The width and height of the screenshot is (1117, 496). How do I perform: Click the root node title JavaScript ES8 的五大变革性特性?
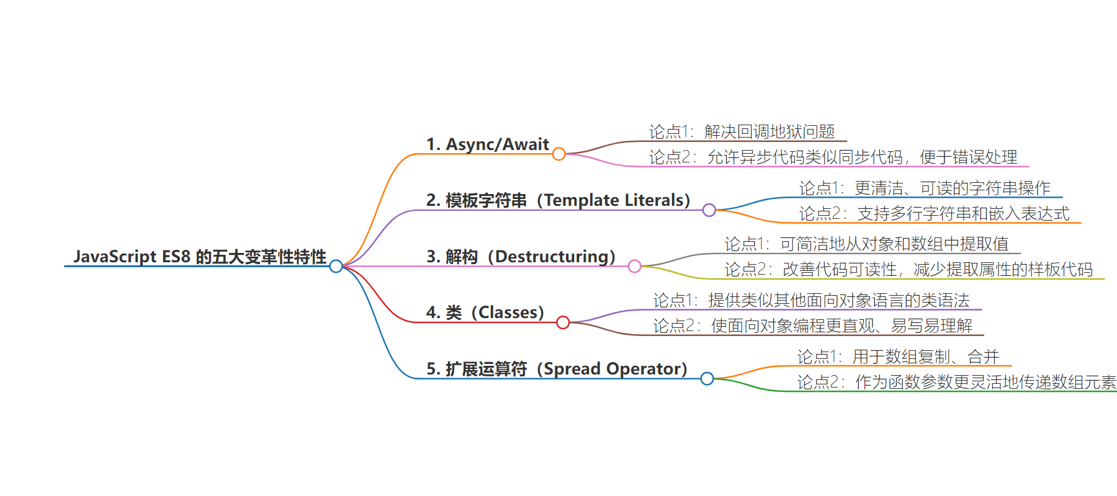click(200, 257)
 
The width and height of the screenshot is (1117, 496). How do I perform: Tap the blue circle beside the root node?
click(336, 267)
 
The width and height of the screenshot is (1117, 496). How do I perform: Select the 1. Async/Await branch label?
click(487, 144)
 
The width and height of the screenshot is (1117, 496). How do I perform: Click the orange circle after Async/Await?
click(558, 154)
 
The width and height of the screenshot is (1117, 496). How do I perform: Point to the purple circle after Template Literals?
click(709, 210)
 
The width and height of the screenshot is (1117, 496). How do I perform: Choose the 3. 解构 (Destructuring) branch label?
click(521, 257)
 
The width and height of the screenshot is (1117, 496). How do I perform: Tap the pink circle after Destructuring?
click(634, 266)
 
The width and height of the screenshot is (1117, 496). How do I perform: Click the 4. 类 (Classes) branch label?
click(485, 312)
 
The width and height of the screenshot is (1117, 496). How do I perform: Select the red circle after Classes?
click(563, 322)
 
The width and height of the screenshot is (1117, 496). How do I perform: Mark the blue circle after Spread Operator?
click(707, 378)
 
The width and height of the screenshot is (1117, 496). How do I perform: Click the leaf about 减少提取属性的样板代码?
click(908, 269)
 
